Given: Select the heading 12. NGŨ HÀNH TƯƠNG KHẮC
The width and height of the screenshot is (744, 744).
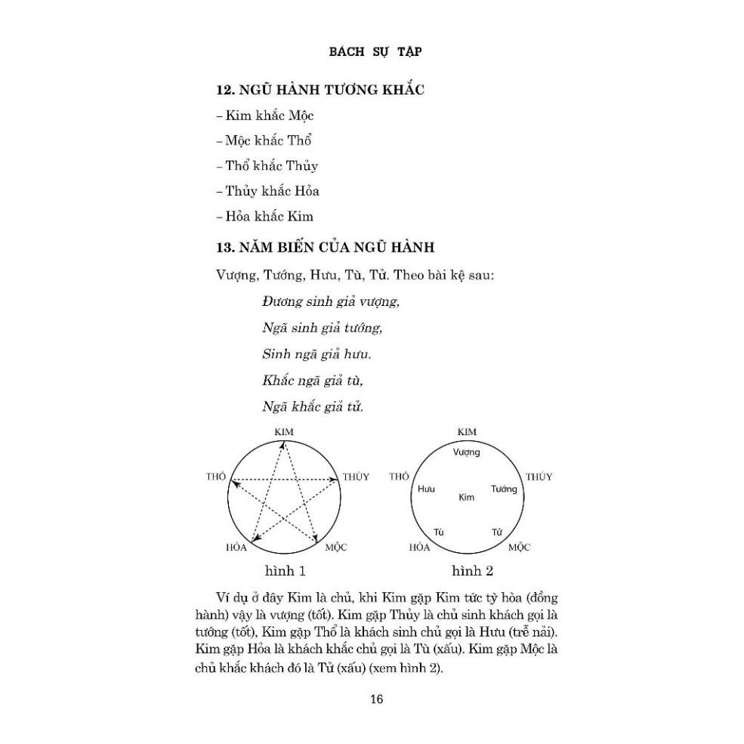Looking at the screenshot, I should [320, 90].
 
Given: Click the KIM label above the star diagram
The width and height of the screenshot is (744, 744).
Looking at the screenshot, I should [284, 431].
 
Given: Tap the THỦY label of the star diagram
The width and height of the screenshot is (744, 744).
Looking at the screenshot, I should [356, 477].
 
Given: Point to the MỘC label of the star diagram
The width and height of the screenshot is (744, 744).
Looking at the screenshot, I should [337, 546].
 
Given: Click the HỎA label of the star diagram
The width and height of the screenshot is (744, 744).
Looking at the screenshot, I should [236, 546].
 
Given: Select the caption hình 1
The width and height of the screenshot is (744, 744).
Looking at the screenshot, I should [284, 570].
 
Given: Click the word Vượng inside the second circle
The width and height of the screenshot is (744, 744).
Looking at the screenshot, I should [467, 452].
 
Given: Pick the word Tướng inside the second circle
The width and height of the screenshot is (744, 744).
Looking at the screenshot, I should [504, 489].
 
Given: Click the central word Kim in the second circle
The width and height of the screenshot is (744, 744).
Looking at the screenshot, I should [466, 497].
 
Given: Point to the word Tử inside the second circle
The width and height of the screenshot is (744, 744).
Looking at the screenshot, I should [497, 532].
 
